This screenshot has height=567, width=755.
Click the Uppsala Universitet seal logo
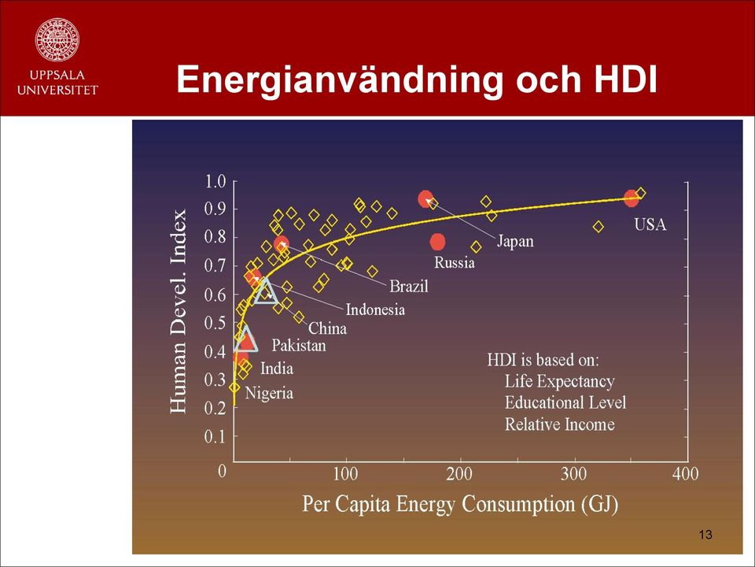57,39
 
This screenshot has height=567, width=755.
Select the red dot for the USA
631,198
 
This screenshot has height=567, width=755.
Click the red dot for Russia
437,242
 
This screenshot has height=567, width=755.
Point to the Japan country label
515,241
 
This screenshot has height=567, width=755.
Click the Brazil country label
409,287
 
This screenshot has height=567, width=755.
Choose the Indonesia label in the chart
375,309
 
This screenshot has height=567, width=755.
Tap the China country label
327,328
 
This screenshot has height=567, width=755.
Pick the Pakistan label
299,345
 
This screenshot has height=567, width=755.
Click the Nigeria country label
269,393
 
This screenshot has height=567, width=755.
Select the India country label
277,369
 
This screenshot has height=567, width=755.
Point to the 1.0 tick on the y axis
215,182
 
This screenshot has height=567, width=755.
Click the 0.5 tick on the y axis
215,323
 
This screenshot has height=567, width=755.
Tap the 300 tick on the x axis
573,474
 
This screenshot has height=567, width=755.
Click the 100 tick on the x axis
346,474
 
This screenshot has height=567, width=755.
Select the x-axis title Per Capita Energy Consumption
460,504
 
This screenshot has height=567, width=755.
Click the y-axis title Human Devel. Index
179,311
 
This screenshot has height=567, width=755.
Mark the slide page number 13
705,534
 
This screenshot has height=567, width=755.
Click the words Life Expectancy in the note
559,381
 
